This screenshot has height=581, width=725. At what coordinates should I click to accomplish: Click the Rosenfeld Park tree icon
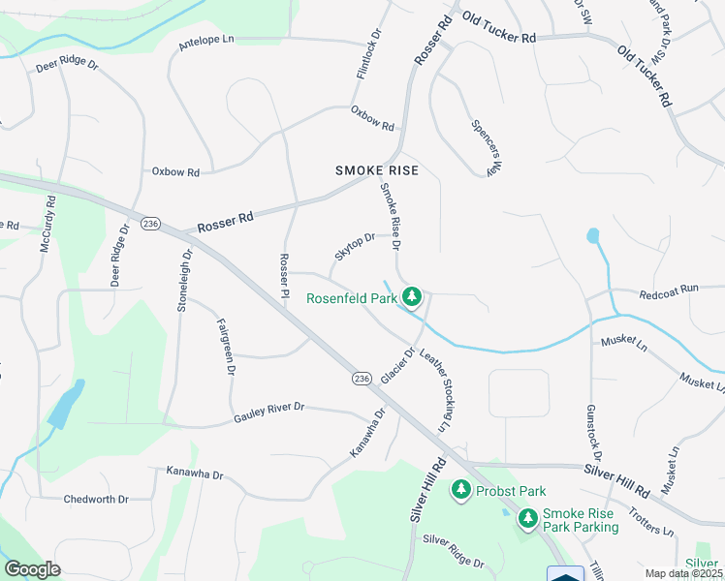(412, 296)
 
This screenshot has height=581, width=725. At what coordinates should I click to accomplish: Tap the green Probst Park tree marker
(462, 491)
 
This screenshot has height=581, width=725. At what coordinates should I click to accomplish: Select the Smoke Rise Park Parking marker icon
(528, 520)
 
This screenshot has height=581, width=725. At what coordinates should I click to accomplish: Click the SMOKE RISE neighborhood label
(377, 170)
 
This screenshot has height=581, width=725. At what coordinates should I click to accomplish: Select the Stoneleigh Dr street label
(184, 278)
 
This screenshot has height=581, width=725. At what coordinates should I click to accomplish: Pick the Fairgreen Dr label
(226, 346)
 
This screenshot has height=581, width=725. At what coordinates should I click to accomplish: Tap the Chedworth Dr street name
(96, 500)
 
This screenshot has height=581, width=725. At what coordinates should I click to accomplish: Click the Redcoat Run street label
(669, 290)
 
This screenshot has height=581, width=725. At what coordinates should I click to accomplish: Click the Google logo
(32, 569)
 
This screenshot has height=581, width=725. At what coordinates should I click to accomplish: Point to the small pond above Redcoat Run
(592, 235)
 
